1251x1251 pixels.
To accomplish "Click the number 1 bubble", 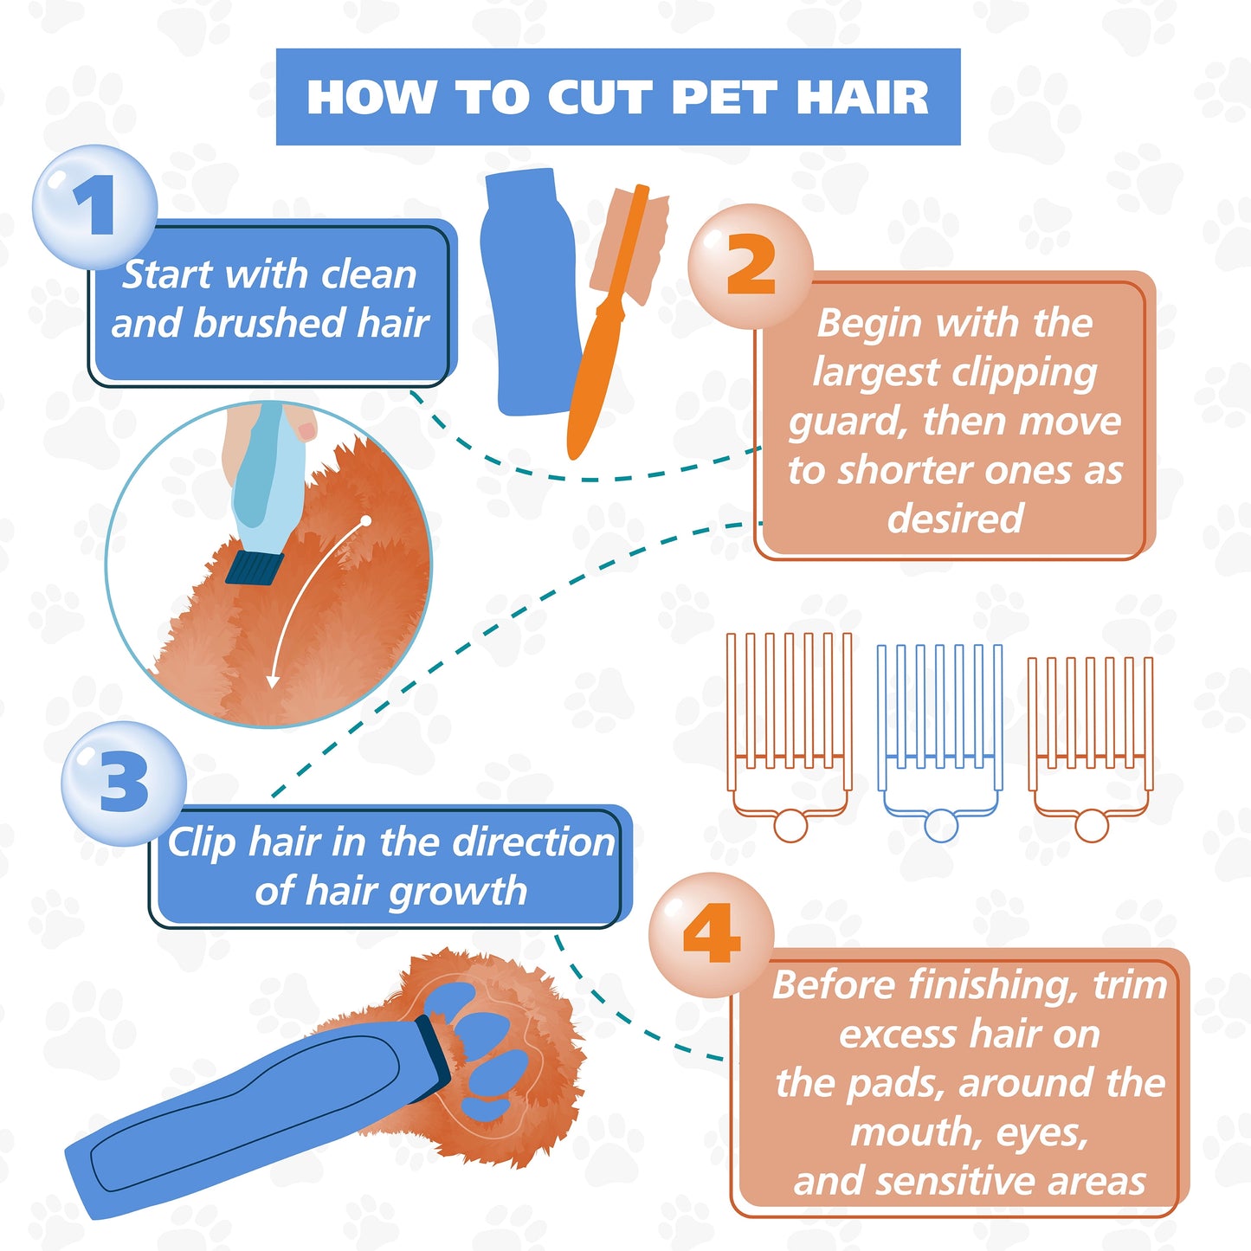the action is (94, 206).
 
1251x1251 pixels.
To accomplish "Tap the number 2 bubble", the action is (751, 266).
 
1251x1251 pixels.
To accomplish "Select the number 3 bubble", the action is (124, 783).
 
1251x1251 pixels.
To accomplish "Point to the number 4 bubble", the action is (712, 935).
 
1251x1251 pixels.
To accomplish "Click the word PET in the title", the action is (725, 97).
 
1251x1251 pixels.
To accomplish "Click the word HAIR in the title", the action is (863, 97).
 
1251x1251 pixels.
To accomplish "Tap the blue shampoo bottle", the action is (531, 292).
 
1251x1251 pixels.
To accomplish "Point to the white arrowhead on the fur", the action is (273, 681).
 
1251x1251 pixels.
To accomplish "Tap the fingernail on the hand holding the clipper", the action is (306, 430).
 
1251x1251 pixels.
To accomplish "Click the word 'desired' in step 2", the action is (954, 519).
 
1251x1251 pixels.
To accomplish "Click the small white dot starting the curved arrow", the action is (366, 520).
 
